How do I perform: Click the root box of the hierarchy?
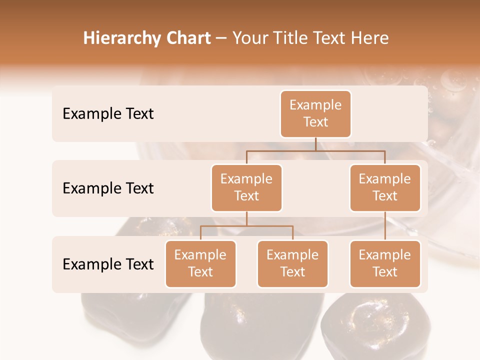click(x=315, y=114)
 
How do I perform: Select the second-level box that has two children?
click(x=246, y=188)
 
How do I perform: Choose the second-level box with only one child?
click(x=385, y=188)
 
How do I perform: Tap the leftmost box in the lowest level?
click(x=200, y=264)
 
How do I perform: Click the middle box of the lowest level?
click(x=292, y=264)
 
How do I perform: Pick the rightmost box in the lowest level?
click(x=385, y=264)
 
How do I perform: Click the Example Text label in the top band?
click(x=108, y=114)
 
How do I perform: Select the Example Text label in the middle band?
click(x=108, y=188)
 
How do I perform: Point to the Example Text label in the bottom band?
click(x=108, y=264)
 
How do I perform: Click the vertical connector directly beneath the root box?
click(x=315, y=144)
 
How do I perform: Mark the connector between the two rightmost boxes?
click(x=385, y=226)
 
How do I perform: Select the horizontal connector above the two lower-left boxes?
click(x=246, y=226)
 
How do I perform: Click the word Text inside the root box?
click(x=315, y=122)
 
